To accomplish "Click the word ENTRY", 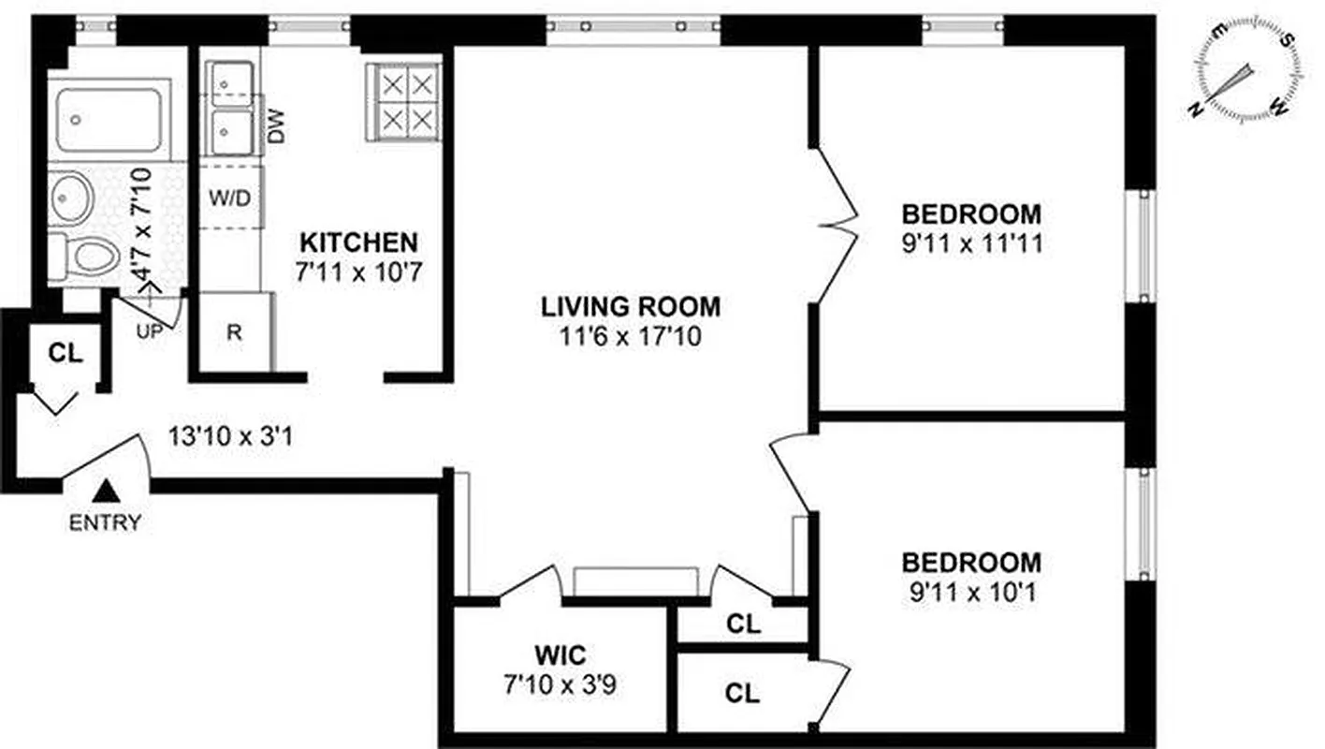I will [105, 522].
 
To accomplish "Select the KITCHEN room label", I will [358, 242].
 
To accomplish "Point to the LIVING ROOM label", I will [631, 306].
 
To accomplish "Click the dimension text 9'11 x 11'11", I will [970, 245].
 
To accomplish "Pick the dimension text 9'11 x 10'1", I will [970, 593].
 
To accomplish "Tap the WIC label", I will [561, 652].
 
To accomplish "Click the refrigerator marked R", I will [234, 332].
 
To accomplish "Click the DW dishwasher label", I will [277, 130].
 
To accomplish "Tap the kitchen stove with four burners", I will [403, 101].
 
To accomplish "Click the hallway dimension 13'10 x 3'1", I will [231, 435].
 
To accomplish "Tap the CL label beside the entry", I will [66, 354].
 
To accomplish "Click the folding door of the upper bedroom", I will [836, 225].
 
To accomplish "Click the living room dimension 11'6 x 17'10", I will [631, 335].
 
